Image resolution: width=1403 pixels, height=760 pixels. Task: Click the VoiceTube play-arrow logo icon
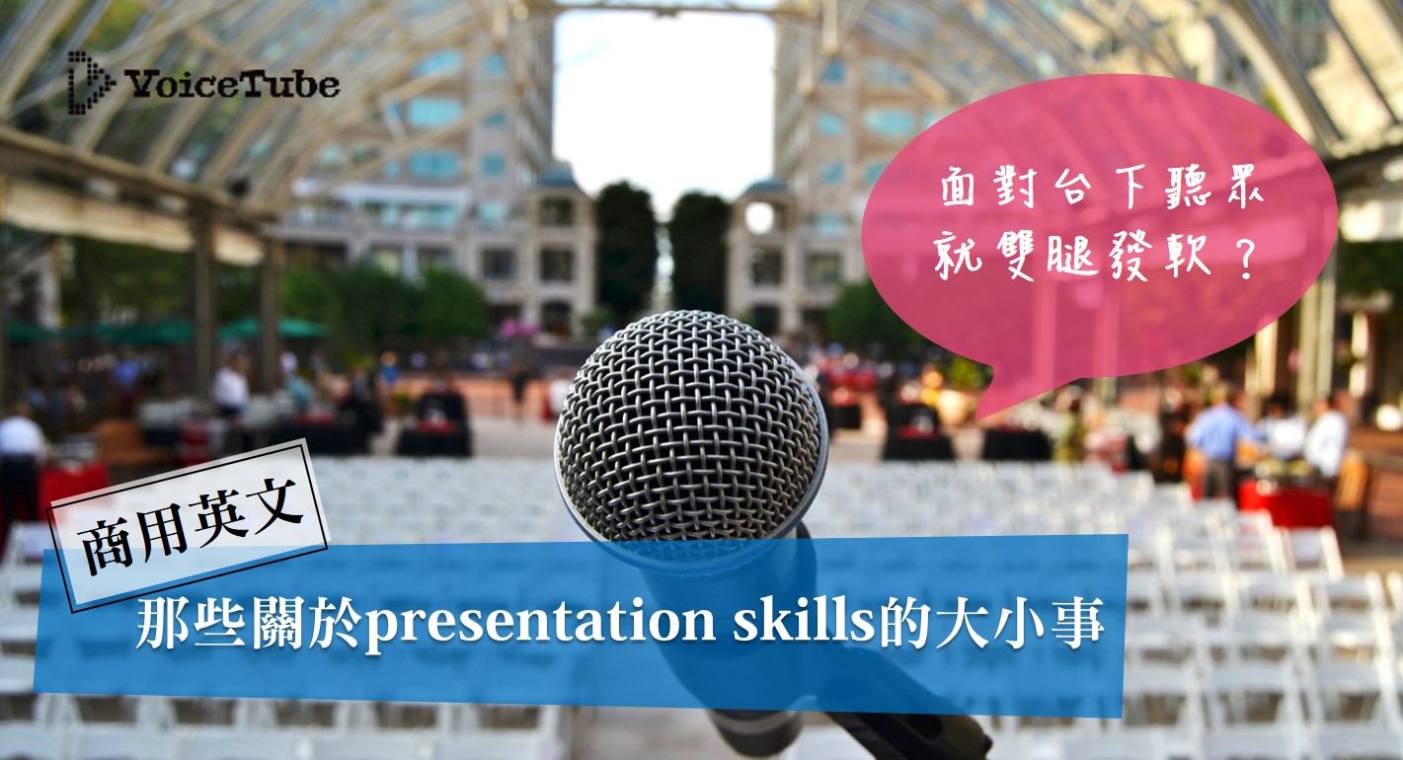click(x=89, y=83)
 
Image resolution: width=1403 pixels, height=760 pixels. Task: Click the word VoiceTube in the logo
click(x=232, y=84)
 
